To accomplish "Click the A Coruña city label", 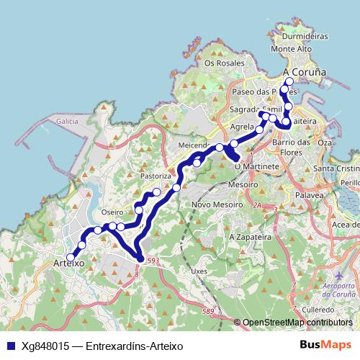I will [305, 73].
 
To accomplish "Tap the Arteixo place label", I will [69, 265].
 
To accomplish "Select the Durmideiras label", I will [305, 35].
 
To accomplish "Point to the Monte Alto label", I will [291, 49].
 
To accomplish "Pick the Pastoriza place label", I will [156, 176].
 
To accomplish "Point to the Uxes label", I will [199, 271].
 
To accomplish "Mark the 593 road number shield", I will [152, 261].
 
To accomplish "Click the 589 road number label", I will [208, 310].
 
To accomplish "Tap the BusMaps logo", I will [325, 346].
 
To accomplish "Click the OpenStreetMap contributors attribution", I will [297, 323].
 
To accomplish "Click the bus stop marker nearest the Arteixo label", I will [71, 257].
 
